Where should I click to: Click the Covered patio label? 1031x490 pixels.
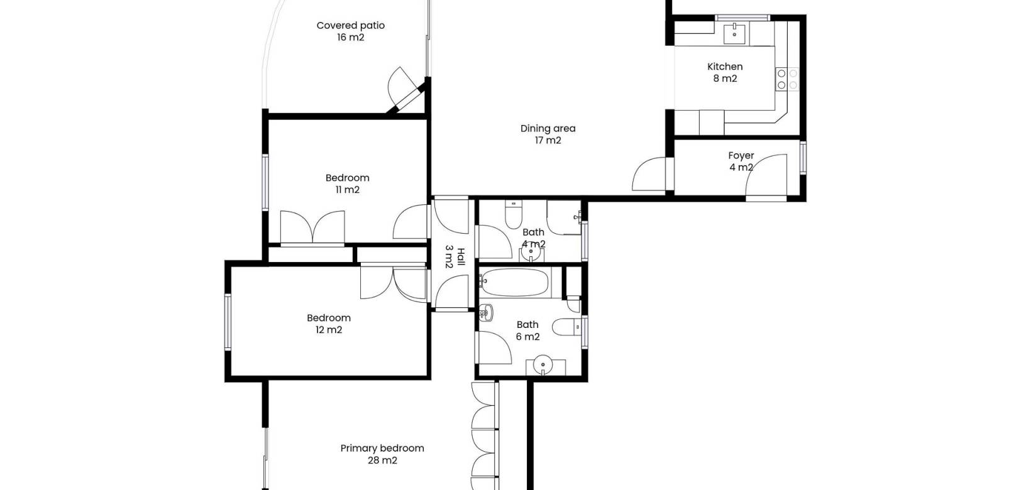(x=350, y=31)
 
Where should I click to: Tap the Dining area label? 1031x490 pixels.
(x=548, y=134)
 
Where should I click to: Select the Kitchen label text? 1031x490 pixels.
(x=725, y=67)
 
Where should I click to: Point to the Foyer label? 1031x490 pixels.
(x=741, y=156)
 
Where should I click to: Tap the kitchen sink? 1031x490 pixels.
(x=734, y=33)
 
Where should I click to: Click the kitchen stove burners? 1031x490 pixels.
(x=787, y=79)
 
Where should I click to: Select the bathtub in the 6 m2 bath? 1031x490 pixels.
(x=515, y=283)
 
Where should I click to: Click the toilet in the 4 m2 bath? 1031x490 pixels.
(x=513, y=214)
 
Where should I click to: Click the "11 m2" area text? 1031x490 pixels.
(x=347, y=190)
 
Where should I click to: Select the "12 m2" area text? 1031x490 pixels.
(x=329, y=329)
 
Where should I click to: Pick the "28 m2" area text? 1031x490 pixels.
(x=382, y=460)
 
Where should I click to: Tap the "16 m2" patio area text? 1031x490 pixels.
(x=350, y=37)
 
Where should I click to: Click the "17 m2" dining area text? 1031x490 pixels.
(x=548, y=140)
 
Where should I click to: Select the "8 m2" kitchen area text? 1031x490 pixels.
(x=725, y=79)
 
